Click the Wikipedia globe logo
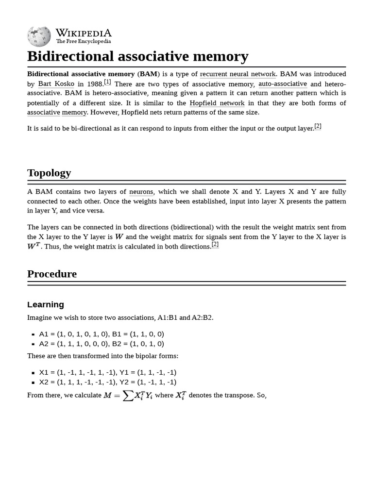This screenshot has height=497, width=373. [39, 36]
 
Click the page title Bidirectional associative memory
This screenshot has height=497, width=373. [137, 56]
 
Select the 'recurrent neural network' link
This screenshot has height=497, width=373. [237, 74]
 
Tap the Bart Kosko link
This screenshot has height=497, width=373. [56, 83]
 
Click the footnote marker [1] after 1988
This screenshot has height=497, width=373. [107, 82]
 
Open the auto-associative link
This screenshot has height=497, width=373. [282, 83]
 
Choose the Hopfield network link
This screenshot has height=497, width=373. [217, 103]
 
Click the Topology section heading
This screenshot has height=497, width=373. [49, 173]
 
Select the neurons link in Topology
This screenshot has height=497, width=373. [141, 192]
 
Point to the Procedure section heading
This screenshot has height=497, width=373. [52, 274]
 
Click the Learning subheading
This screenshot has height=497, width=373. [46, 304]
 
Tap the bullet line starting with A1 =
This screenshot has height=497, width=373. [101, 334]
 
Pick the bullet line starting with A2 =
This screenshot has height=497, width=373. [101, 344]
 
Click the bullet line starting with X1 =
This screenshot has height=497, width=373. [107, 372]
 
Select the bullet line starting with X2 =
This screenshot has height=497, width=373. [107, 382]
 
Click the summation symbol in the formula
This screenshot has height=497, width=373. [128, 396]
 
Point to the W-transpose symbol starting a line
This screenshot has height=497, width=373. [34, 247]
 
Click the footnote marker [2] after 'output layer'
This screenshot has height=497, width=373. [318, 126]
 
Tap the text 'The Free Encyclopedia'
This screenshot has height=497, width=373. [84, 42]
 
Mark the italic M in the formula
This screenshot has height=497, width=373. [107, 396]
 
